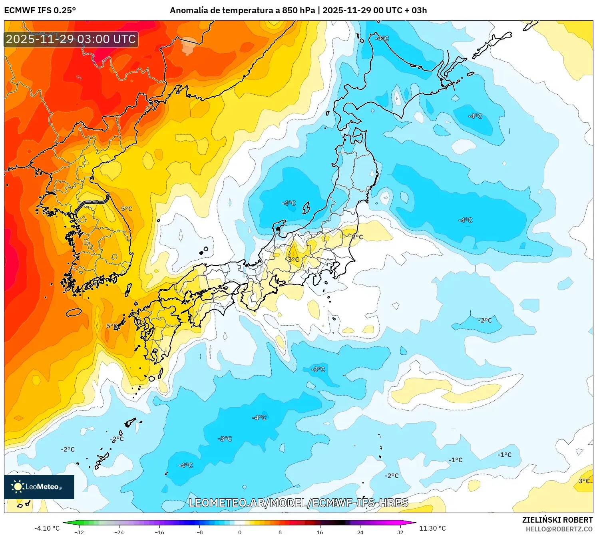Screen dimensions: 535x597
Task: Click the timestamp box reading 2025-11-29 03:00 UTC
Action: tap(71, 39)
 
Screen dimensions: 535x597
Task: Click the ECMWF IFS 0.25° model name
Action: tap(40, 10)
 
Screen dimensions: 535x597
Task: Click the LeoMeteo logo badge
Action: tap(39, 487)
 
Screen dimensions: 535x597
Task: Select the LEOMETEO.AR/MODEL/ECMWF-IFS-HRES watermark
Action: tap(298, 503)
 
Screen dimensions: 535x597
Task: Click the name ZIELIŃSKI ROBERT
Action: tap(557, 520)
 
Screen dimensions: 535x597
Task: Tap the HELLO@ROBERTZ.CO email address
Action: tap(559, 529)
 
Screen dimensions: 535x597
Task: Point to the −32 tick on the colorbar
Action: tap(79, 532)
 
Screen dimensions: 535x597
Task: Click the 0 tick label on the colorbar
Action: tap(240, 532)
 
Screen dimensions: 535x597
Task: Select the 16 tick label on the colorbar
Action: tap(320, 532)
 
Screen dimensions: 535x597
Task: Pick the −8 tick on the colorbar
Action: tap(200, 532)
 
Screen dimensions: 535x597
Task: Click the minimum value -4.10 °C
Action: tap(47, 528)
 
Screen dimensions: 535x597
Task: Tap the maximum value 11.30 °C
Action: tap(432, 528)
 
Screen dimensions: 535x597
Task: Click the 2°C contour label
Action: tap(357, 237)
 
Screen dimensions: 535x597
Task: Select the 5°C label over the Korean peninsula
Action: tap(127, 209)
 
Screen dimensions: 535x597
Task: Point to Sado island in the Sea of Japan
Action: tap(306, 208)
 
